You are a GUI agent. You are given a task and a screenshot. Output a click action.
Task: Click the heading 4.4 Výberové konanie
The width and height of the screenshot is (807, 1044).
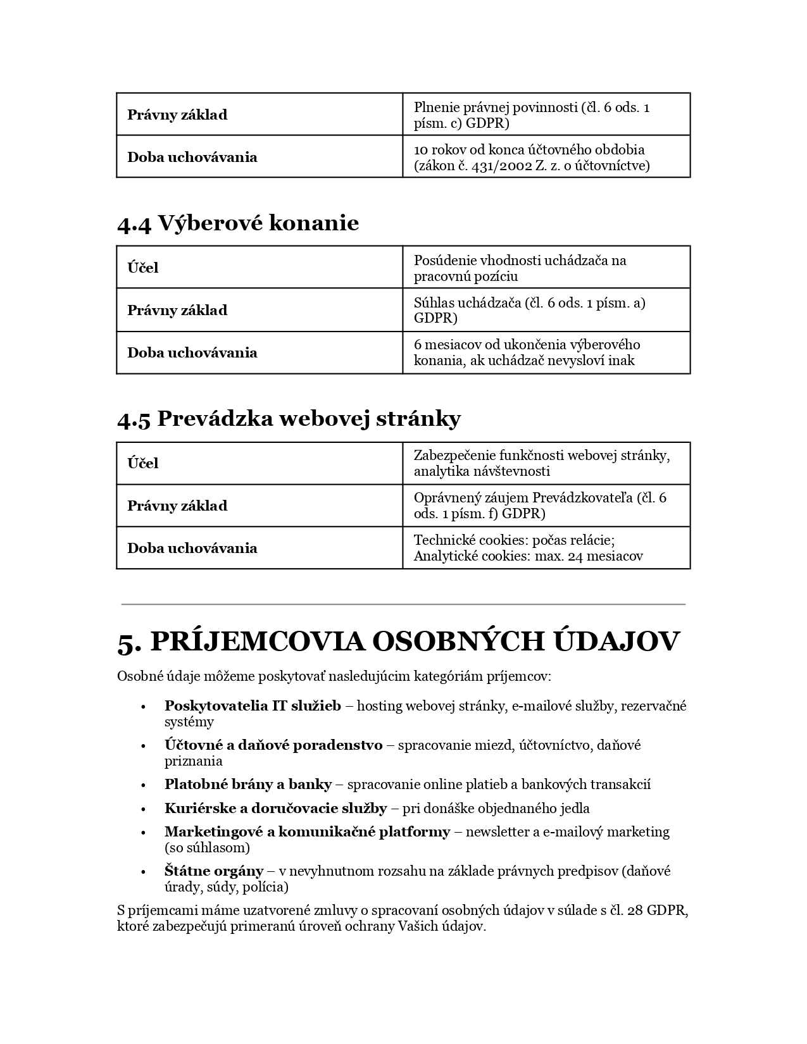click(238, 223)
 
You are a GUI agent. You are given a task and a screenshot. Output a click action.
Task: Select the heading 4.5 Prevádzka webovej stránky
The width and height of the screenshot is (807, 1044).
click(289, 419)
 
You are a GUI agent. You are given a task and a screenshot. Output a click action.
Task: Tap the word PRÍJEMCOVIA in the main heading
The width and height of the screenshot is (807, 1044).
click(258, 642)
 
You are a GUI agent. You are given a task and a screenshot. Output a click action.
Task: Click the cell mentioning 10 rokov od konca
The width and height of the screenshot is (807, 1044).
click(546, 158)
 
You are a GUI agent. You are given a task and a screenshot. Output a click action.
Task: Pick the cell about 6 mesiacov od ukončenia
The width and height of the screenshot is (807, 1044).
click(546, 352)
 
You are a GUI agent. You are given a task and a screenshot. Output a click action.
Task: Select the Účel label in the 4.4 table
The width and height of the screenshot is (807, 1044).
click(143, 268)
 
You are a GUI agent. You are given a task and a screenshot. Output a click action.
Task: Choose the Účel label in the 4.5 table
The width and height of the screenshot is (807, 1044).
click(143, 463)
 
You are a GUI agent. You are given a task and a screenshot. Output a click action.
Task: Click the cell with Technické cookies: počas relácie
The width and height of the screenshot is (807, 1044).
click(546, 548)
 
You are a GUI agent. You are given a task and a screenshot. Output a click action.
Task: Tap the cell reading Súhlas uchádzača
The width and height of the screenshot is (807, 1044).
click(546, 310)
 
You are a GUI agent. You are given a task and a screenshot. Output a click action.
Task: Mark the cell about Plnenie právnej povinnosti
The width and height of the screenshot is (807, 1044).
click(546, 115)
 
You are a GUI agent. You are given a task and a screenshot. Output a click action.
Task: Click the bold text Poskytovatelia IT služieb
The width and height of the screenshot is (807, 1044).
click(253, 705)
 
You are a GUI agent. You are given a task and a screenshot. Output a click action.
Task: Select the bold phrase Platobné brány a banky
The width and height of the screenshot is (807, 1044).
click(248, 785)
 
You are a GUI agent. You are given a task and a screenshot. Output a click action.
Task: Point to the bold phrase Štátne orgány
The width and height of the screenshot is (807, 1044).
click(214, 871)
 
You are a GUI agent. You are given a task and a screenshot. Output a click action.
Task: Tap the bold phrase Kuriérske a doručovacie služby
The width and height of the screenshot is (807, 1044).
click(275, 808)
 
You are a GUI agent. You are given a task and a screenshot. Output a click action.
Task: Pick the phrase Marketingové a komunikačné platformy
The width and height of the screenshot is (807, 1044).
click(307, 831)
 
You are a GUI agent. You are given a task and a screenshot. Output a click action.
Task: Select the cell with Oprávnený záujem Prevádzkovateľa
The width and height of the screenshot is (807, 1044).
click(546, 506)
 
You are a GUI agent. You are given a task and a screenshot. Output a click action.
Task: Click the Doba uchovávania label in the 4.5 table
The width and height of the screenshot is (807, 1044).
click(192, 548)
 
